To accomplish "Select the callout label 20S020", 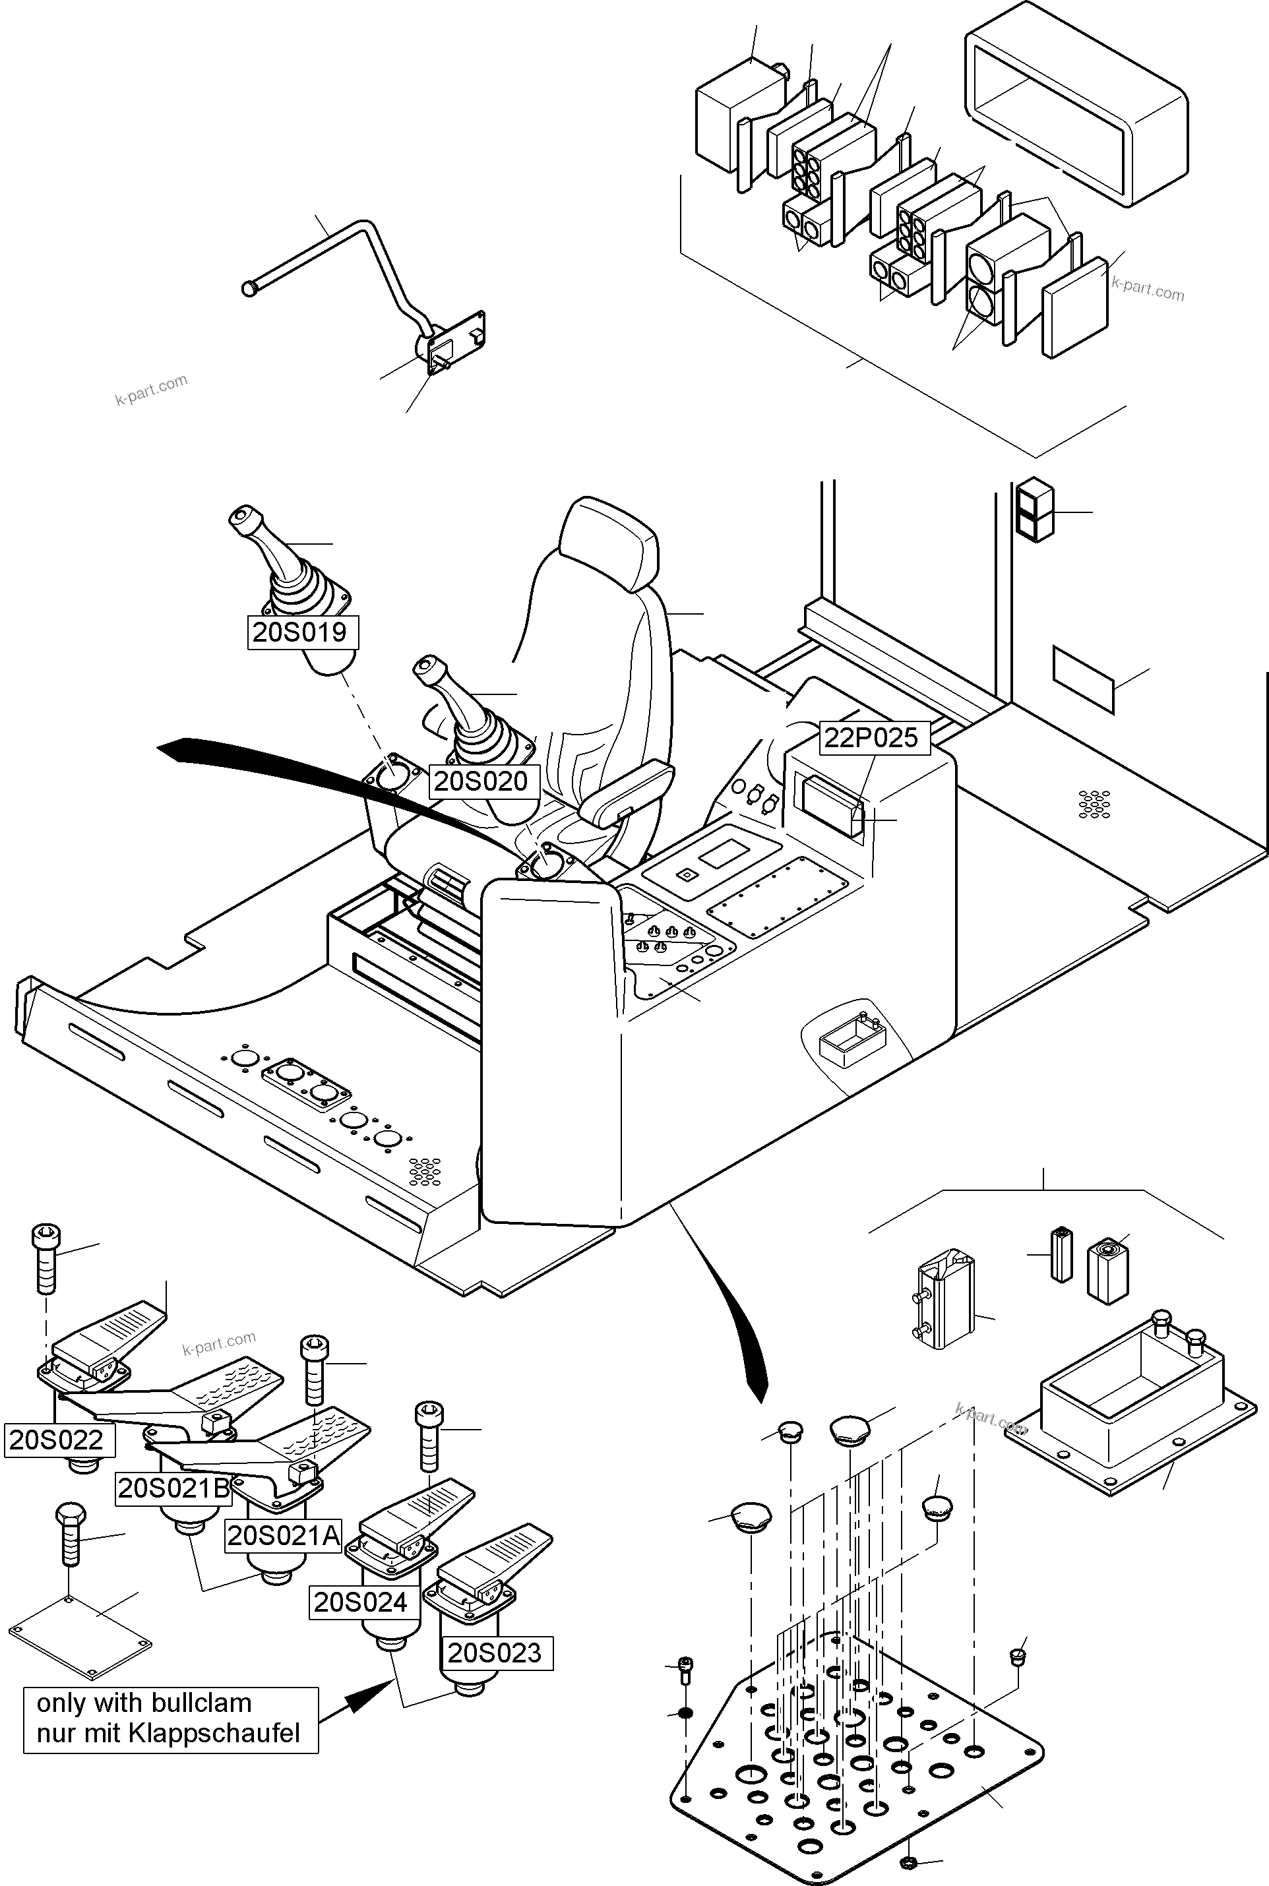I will pos(481,781).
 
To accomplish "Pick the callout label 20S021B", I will pos(174,1488).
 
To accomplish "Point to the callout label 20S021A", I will pos(283,1535).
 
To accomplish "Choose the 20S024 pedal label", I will pos(361,1601).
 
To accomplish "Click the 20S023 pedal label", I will pos(495,1652).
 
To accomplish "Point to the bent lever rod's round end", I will pos(249,288).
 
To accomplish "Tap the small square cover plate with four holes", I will pos(79,1629).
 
